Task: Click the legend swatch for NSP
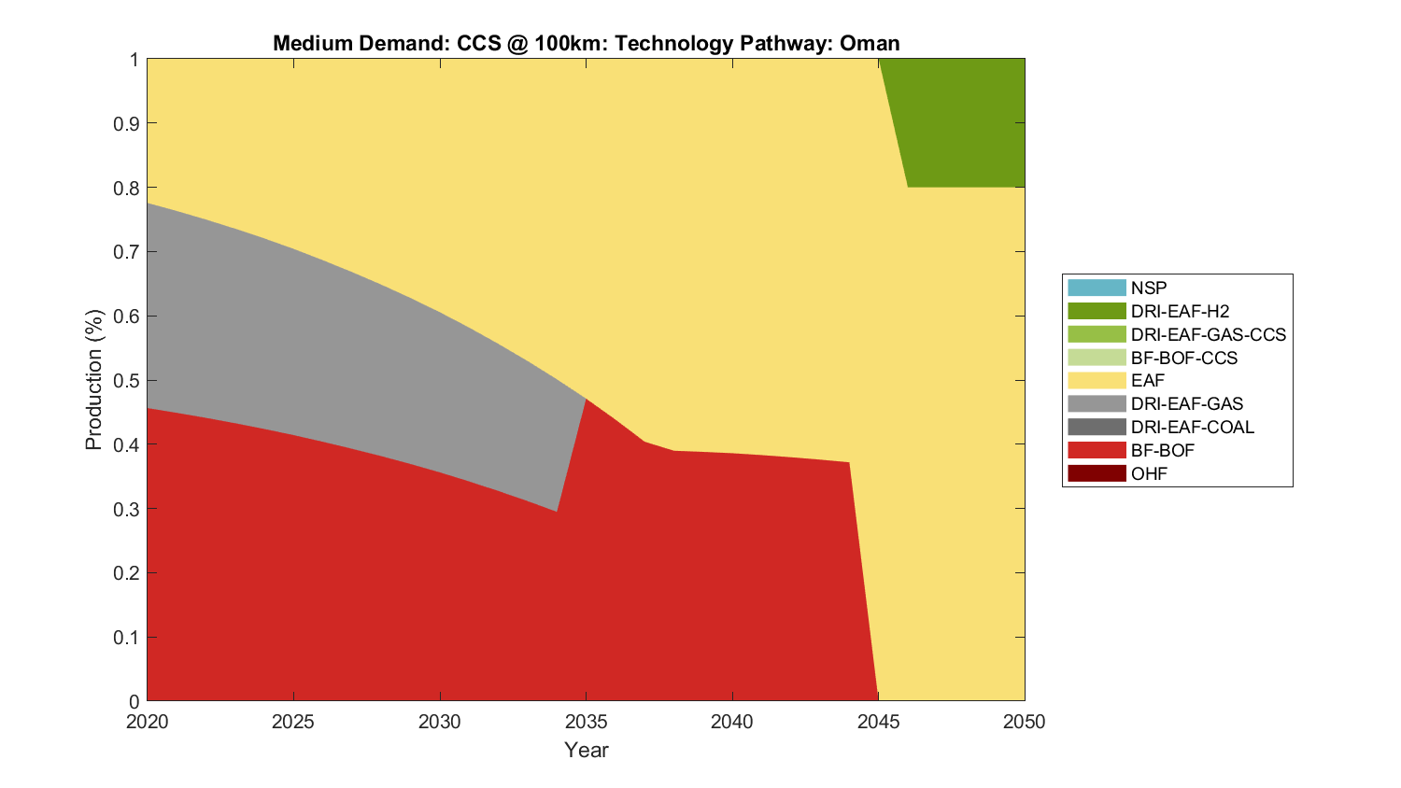(x=1097, y=288)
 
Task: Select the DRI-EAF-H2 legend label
(x=1180, y=311)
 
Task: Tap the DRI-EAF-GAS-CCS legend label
(x=1208, y=334)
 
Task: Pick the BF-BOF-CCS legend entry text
(x=1183, y=358)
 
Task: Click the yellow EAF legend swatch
(x=1097, y=381)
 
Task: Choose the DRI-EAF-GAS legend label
(x=1186, y=403)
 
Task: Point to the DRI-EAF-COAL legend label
(x=1192, y=427)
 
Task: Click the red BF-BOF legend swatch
(x=1097, y=450)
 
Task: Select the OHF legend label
(x=1149, y=473)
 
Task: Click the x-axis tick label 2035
(x=587, y=722)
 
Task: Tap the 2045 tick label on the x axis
(x=879, y=722)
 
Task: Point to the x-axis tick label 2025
(x=294, y=722)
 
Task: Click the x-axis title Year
(x=587, y=750)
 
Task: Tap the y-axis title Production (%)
(x=93, y=380)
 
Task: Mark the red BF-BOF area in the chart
(x=467, y=579)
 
